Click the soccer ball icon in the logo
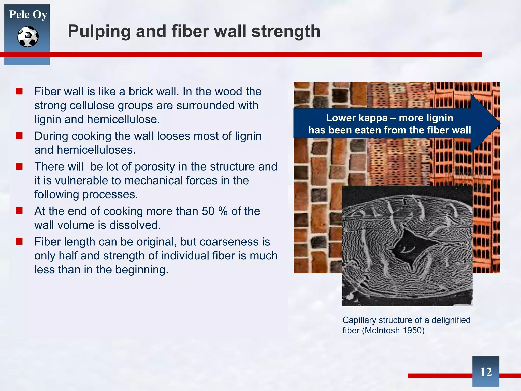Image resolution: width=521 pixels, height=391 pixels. point(28,37)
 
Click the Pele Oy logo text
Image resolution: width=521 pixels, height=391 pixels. point(28,15)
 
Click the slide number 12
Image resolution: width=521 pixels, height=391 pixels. point(486,372)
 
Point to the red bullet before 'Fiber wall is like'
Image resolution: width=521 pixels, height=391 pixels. point(19,91)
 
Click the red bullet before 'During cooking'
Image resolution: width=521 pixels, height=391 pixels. point(19,136)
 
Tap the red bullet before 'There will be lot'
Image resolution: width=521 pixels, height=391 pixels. point(19,166)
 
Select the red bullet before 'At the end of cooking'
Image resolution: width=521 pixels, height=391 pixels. point(19,211)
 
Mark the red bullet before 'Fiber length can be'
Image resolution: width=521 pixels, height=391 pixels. point(19,241)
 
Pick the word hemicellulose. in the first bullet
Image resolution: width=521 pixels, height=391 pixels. point(123,119)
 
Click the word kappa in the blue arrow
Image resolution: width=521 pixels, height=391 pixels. point(373,118)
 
